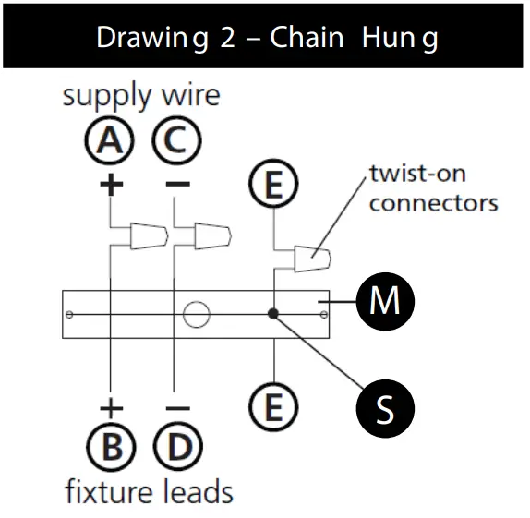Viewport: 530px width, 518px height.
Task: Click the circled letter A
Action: (x=110, y=141)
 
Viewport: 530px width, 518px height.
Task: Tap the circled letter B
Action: (x=112, y=448)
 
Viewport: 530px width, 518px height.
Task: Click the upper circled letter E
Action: (x=274, y=187)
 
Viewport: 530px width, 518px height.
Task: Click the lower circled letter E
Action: (x=274, y=405)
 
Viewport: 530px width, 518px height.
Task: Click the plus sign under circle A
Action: (x=111, y=184)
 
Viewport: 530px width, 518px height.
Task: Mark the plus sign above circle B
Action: (x=111, y=407)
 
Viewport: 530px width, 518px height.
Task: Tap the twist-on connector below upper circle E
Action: (x=310, y=259)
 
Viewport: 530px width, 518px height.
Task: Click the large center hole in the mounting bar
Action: (x=196, y=315)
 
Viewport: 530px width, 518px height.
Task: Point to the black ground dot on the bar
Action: (x=273, y=314)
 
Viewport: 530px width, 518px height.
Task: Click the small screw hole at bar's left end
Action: (x=69, y=315)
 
